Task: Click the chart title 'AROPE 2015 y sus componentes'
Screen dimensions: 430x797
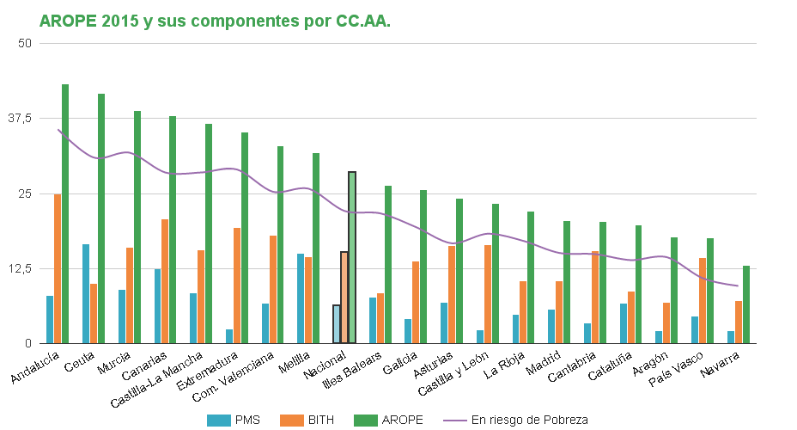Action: (x=215, y=21)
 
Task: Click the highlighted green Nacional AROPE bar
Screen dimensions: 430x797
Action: (x=352, y=257)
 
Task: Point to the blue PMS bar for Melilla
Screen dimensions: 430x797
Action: (x=301, y=298)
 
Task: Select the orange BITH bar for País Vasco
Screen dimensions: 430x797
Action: (x=703, y=300)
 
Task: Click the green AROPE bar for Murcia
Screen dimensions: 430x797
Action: (x=137, y=227)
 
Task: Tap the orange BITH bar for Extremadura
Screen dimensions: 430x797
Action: (x=237, y=286)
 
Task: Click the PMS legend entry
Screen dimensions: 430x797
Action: (x=234, y=420)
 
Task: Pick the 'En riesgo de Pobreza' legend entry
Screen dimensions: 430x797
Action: (x=515, y=420)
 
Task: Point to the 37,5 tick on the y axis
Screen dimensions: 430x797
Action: (x=19, y=118)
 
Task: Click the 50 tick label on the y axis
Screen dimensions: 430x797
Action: (x=24, y=43)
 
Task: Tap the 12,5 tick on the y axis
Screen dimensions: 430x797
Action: (x=19, y=268)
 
